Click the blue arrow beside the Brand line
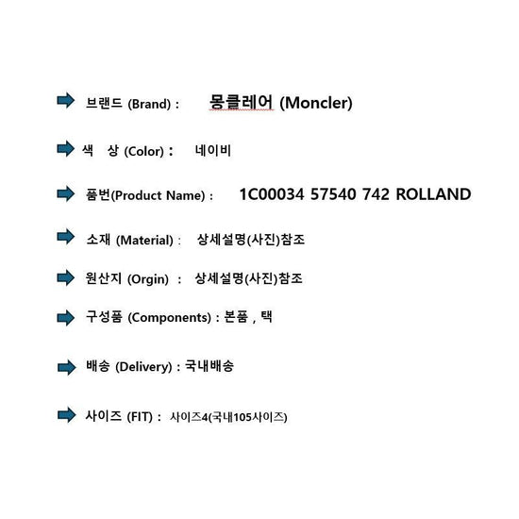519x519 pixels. coord(65,100)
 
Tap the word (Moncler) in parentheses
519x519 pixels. coord(316,103)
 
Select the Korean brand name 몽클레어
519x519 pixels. coord(241,101)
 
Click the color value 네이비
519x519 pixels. coord(213,151)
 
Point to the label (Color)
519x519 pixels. coord(144,152)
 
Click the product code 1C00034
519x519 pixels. coord(272,194)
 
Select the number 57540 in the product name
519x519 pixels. coord(333,194)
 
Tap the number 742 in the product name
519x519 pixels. coord(376,194)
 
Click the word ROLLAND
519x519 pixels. coord(433,194)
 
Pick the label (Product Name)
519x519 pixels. coord(159,195)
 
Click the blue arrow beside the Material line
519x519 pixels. coord(65,236)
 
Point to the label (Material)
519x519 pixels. coord(144,241)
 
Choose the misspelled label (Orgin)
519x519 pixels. coord(148,279)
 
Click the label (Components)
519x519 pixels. coord(169,318)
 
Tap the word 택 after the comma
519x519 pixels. coord(266,316)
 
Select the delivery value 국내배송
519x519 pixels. coord(209,366)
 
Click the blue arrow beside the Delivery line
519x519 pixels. coord(67,367)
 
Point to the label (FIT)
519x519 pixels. coord(140,417)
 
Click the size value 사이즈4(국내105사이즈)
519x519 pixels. coord(228,417)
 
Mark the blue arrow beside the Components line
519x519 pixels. coord(65,318)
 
